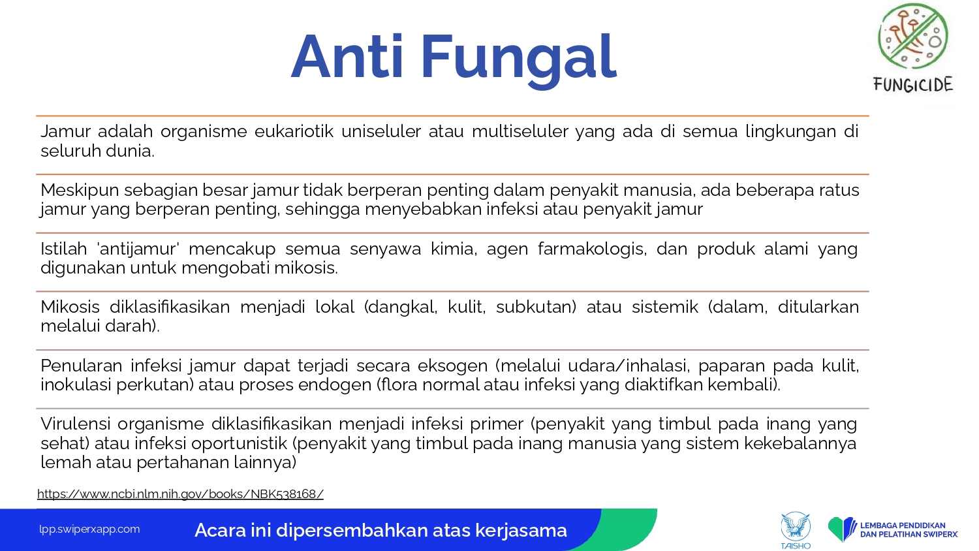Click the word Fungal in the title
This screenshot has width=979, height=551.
tap(519, 59)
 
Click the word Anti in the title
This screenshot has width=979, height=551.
tap(347, 57)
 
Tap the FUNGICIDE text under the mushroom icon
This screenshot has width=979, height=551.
tap(913, 84)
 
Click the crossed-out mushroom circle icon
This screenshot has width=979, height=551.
tap(913, 37)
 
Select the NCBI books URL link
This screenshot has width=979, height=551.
tap(180, 494)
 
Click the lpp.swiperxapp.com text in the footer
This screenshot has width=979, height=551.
tap(89, 529)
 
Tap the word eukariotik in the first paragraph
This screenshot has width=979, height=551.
tap(294, 131)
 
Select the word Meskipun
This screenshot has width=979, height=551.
tap(80, 191)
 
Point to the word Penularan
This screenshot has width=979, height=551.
tap(82, 366)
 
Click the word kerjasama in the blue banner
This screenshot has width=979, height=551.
tap(521, 531)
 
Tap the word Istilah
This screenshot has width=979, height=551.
tap(64, 249)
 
